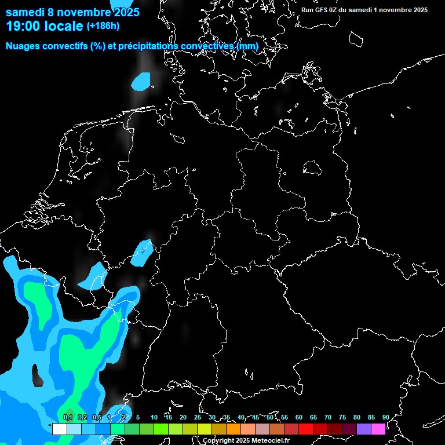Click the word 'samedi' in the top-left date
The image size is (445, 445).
click(x=25, y=12)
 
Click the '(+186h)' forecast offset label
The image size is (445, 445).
click(x=103, y=26)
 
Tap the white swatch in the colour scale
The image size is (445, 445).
click(x=59, y=429)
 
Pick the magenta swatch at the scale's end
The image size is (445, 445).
click(x=378, y=429)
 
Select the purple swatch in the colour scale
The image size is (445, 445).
click(x=364, y=429)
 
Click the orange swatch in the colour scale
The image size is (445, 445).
click(x=233, y=429)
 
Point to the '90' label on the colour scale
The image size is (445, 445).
click(x=385, y=418)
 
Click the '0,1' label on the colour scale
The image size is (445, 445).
click(x=68, y=418)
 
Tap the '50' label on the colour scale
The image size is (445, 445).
click(x=270, y=418)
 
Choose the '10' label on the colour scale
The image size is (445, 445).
click(x=154, y=418)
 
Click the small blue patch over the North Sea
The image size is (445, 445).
click(x=141, y=82)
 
